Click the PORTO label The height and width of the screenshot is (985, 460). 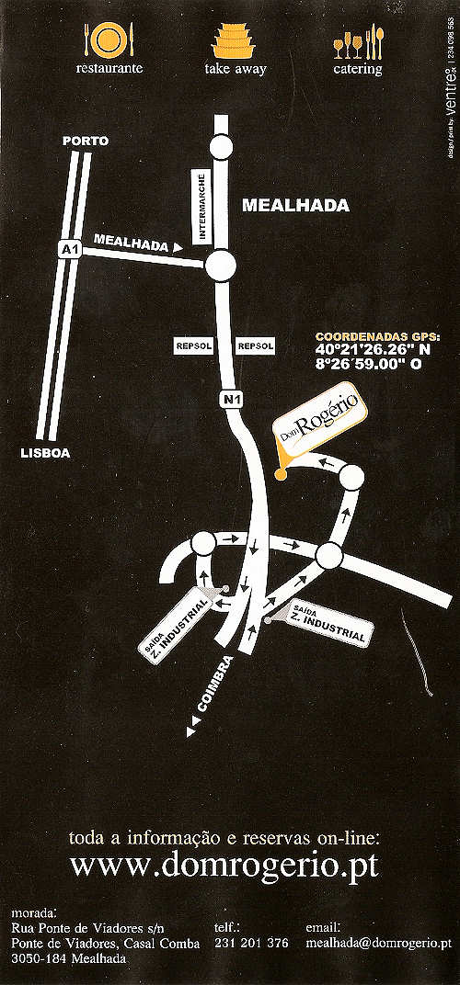click(x=86, y=141)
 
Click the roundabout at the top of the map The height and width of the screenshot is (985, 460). click(x=221, y=147)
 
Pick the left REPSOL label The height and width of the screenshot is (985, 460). click(x=193, y=345)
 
